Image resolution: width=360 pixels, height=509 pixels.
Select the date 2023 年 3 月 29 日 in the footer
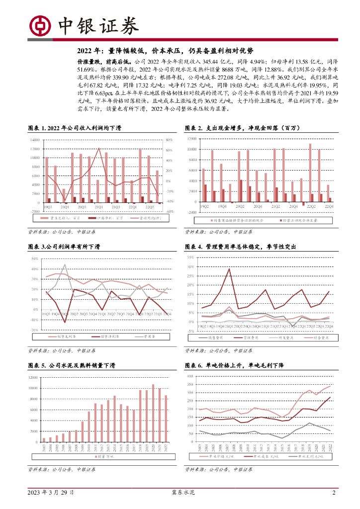51,493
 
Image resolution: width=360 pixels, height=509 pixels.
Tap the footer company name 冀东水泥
180,493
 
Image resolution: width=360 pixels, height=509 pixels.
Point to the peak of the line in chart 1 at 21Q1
99,148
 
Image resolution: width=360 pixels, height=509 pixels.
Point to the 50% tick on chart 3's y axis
34,259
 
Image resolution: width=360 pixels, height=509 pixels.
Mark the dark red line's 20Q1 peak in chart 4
229,269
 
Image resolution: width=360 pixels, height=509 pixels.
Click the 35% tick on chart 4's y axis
190,258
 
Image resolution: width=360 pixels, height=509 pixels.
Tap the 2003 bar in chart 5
44,439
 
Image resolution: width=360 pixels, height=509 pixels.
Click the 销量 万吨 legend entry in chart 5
104,456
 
